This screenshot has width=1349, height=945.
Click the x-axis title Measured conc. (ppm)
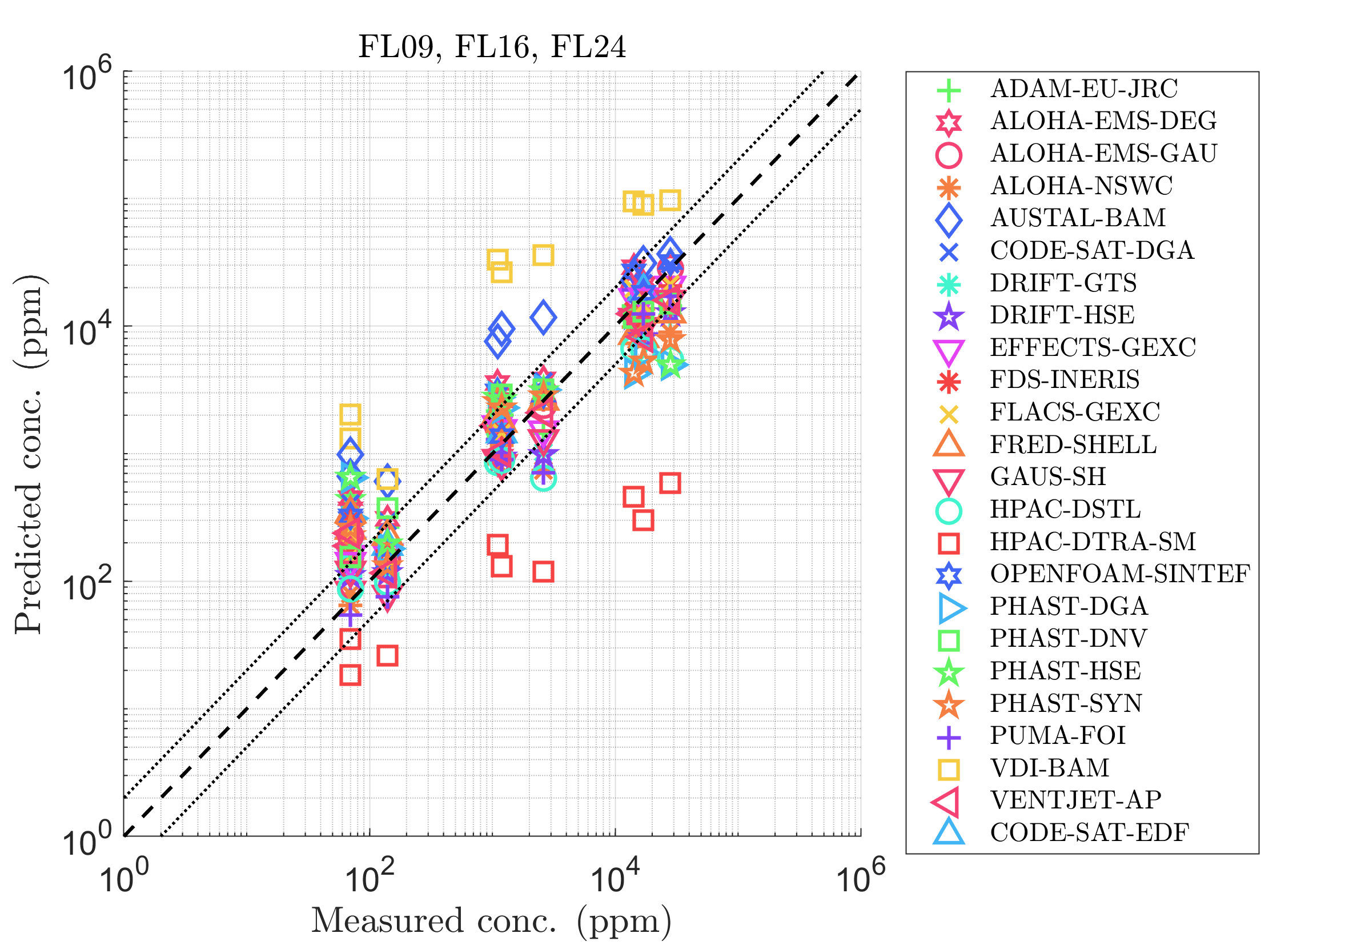pyautogui.click(x=492, y=921)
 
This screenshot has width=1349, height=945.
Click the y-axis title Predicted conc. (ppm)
pyautogui.click(x=29, y=454)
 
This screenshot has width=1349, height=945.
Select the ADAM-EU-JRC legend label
pyautogui.click(x=1084, y=89)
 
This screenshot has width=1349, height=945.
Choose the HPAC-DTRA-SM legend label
pyautogui.click(x=1093, y=542)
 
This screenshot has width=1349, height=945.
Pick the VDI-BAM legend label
pyautogui.click(x=1050, y=768)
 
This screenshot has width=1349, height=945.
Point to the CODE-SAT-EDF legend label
pyautogui.click(x=1090, y=833)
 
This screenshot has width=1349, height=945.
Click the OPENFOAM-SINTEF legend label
pyautogui.click(x=1121, y=574)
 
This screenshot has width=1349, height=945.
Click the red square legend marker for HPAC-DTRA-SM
pyautogui.click(x=949, y=543)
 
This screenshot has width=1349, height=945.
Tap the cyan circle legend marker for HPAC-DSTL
pyautogui.click(x=949, y=511)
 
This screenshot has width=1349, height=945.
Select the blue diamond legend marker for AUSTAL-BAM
pyautogui.click(x=949, y=219)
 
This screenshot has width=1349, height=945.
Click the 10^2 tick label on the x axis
pyautogui.click(x=369, y=880)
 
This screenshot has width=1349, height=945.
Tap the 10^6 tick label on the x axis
pyautogui.click(x=860, y=880)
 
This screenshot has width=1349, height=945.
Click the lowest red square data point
pyautogui.click(x=350, y=675)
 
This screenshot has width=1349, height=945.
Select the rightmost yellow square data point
pyautogui.click(x=671, y=201)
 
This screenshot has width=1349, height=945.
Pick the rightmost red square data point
pyautogui.click(x=671, y=484)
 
